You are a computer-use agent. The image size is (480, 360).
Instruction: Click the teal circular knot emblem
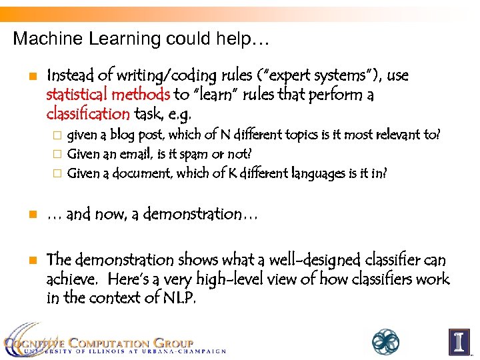385,341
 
